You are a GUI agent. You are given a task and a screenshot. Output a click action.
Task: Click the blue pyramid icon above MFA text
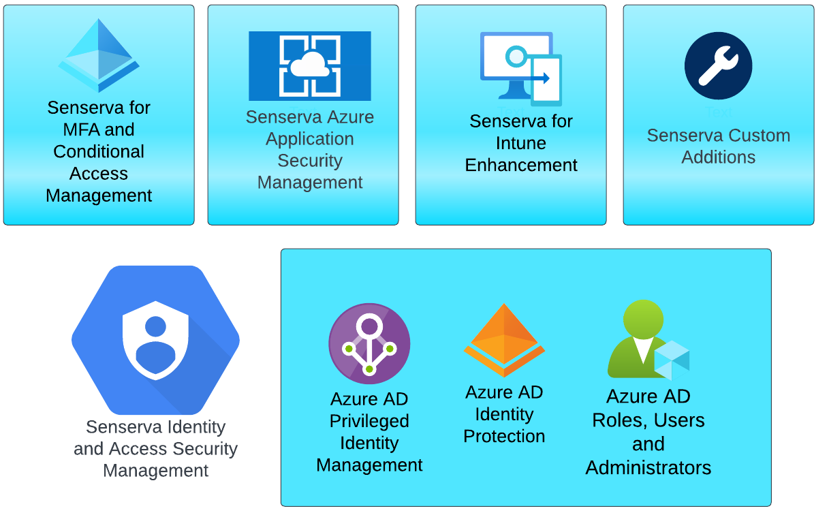pos(99,56)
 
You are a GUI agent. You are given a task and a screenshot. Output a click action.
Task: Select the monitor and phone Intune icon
pos(521,69)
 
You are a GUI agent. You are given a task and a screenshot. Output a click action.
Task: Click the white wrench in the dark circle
pos(718,66)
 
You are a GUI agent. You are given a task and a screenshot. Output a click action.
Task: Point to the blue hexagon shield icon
pos(155,340)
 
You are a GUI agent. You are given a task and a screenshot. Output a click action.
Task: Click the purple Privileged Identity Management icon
pos(369,344)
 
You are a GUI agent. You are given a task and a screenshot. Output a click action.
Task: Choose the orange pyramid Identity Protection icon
pos(504,340)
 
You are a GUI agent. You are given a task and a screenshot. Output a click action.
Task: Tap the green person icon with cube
pos(647,340)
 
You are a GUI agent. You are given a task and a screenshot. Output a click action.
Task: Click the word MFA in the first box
pos(80,129)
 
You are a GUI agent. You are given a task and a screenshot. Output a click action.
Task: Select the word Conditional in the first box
pos(99,151)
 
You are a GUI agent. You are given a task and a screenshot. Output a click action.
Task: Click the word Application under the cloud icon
pos(310,139)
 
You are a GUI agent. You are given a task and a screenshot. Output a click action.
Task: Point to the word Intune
pos(521,143)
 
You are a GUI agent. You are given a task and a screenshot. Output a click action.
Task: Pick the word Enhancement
pos(521,165)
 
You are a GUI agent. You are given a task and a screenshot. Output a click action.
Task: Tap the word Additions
pos(718,157)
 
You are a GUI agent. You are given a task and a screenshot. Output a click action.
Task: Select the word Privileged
pos(369,421)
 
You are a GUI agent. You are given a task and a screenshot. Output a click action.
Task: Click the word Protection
pos(504,436)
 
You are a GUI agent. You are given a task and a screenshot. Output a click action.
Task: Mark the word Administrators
pos(648,468)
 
